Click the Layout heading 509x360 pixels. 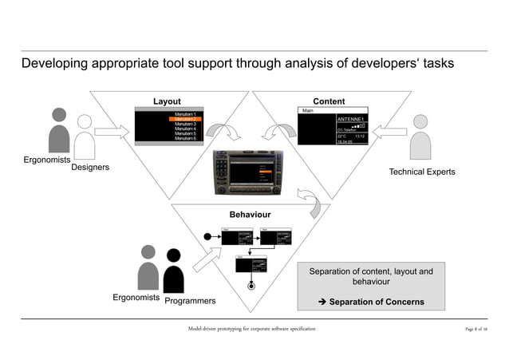click(167, 101)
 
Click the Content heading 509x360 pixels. click(329, 101)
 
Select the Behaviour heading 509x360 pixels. click(250, 215)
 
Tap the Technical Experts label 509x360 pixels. click(421, 172)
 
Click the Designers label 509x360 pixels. click(90, 168)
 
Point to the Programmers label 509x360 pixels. click(191, 302)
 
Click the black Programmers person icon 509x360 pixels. click(173, 272)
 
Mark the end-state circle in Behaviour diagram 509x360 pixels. click(252, 285)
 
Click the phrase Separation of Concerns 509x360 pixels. click(376, 302)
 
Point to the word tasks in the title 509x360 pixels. click(438, 63)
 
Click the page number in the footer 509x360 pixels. click(476, 329)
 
